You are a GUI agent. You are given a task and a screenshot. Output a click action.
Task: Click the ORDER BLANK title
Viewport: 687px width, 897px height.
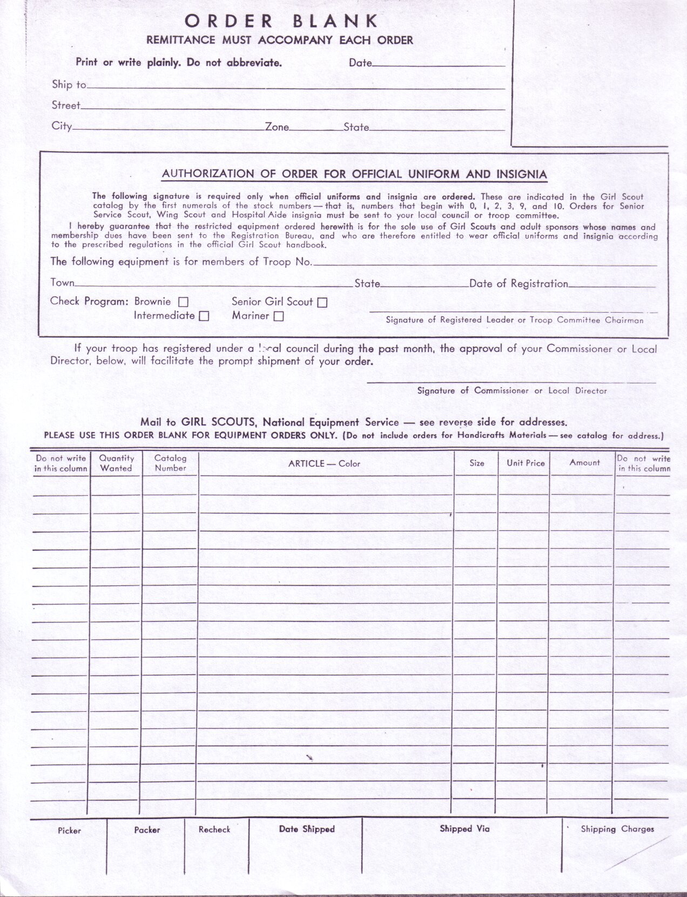[x=281, y=21]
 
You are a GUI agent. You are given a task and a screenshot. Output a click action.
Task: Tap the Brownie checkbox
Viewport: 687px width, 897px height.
[x=183, y=302]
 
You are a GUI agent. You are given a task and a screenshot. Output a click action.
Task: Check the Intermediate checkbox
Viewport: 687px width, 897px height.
[x=204, y=316]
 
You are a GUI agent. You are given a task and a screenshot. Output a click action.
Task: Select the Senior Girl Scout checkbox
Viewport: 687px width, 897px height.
[x=322, y=303]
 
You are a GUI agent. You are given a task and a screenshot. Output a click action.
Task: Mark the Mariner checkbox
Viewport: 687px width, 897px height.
[x=278, y=317]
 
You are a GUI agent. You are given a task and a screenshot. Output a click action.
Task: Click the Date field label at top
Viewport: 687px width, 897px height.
[x=360, y=63]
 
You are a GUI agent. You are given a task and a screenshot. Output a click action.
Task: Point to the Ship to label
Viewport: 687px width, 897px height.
[x=69, y=84]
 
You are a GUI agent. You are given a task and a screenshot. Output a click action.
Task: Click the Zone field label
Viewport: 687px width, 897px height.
[x=277, y=127]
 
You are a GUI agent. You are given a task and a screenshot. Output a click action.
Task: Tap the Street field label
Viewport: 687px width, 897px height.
[x=66, y=105]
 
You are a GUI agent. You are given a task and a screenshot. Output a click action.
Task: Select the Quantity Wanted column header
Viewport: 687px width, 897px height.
[x=116, y=463]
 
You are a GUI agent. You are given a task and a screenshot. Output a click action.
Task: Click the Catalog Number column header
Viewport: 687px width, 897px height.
[x=170, y=463]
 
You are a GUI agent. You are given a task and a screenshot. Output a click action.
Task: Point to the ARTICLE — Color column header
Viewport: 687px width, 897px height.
[x=324, y=463]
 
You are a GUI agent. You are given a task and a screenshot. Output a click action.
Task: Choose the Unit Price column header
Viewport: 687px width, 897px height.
[x=526, y=463]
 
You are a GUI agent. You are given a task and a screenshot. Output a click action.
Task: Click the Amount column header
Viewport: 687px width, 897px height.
[x=584, y=462]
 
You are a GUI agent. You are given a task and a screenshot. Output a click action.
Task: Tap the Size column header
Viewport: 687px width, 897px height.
[x=477, y=463]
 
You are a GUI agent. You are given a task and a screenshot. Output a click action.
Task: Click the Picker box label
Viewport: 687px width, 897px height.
[x=69, y=831]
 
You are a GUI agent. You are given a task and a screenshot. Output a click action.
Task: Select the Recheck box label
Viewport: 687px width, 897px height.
[x=214, y=829]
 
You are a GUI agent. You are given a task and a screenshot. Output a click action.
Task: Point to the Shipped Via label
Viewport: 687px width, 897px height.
[x=464, y=829]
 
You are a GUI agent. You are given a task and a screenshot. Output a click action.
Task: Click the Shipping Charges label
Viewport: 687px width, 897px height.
[x=617, y=829]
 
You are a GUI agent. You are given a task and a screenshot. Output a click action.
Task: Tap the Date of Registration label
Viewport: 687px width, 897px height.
[x=518, y=284]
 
